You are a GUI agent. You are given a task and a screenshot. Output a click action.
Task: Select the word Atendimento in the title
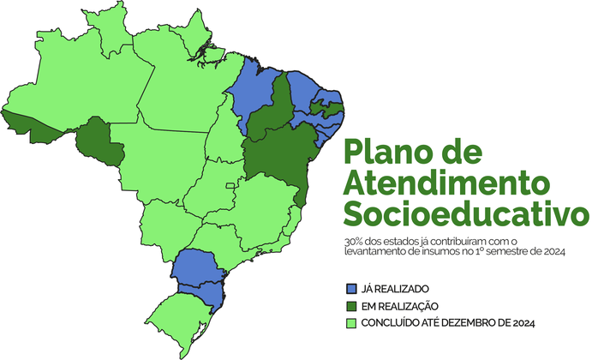[447, 183]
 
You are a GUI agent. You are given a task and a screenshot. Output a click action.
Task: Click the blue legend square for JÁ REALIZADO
[350, 289]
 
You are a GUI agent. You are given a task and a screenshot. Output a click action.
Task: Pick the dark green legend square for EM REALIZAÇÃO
[350, 306]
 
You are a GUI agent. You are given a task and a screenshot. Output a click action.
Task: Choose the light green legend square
[350, 323]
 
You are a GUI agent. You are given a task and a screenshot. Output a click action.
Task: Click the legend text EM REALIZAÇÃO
[403, 306]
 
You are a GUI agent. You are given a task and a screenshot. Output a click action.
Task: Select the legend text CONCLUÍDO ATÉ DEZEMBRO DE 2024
[449, 323]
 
